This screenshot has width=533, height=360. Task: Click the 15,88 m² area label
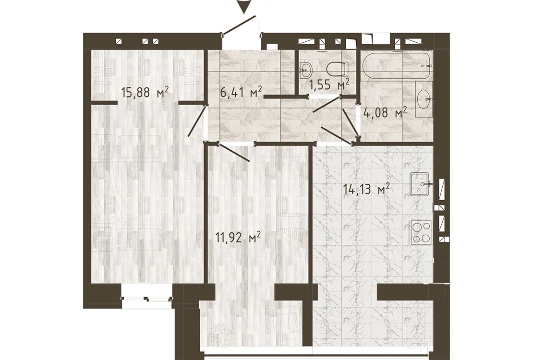pos(145,92)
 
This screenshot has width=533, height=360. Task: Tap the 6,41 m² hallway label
pos(242,92)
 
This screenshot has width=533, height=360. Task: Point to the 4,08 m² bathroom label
pos(385,112)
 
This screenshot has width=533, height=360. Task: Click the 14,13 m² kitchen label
pos(366,189)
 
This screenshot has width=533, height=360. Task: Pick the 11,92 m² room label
pos(238,237)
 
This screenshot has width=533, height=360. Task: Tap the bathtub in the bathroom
pos(397,65)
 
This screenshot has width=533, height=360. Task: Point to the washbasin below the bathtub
pos(424,98)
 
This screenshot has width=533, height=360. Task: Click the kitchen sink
pos(421,184)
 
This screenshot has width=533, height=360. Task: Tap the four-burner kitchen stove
pos(421,232)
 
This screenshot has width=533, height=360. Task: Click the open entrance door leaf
pos(239,24)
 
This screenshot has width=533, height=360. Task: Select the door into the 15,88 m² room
pos(197,120)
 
